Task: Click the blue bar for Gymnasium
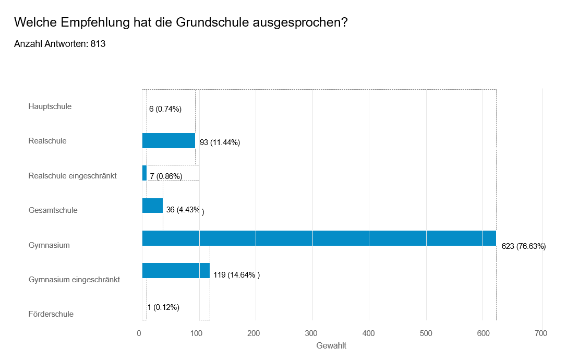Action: [319, 238]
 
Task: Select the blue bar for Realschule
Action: [168, 141]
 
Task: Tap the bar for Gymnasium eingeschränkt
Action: [176, 270]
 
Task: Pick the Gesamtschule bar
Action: [152, 206]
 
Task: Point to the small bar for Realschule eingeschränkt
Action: [144, 173]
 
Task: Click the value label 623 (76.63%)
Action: [523, 246]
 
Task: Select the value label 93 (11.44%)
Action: [220, 142]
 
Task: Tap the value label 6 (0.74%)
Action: [165, 109]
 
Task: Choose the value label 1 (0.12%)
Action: [163, 307]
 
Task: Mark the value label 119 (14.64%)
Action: [236, 275]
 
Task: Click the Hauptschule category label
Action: [50, 106]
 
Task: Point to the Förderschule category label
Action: [51, 314]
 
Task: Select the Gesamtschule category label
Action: [53, 210]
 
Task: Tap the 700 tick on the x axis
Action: [541, 333]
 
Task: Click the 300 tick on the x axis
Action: [312, 333]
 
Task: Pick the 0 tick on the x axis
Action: [139, 333]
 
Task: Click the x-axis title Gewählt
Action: [331, 346]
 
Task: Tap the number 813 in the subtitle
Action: [98, 44]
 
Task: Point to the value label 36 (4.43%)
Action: [184, 210]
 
